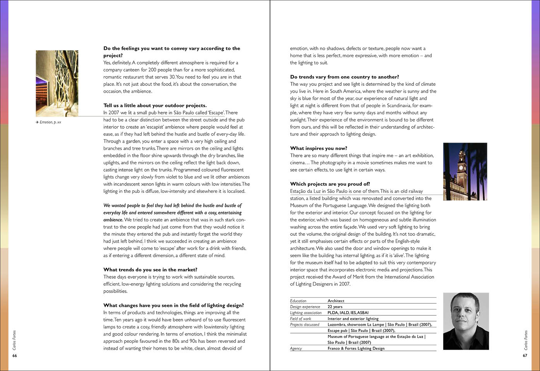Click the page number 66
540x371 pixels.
(15, 356)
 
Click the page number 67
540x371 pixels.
(525, 356)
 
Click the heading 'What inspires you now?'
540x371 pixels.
(318, 148)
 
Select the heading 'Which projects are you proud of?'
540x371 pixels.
(330, 184)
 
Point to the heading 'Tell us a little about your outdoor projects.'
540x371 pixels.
(155, 106)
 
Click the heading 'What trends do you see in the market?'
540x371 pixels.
(150, 270)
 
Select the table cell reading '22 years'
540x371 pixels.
(335, 307)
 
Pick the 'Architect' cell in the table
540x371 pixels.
(336, 301)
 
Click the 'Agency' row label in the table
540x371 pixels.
(296, 348)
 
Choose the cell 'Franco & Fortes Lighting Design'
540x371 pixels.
(356, 348)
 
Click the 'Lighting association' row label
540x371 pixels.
(306, 313)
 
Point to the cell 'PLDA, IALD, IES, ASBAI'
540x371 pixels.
(348, 313)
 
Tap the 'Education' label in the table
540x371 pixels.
(298, 301)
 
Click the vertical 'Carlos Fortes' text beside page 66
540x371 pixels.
(15, 340)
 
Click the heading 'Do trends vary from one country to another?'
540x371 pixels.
(344, 77)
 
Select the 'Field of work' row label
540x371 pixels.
(301, 319)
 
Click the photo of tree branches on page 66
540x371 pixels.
(57, 83)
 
